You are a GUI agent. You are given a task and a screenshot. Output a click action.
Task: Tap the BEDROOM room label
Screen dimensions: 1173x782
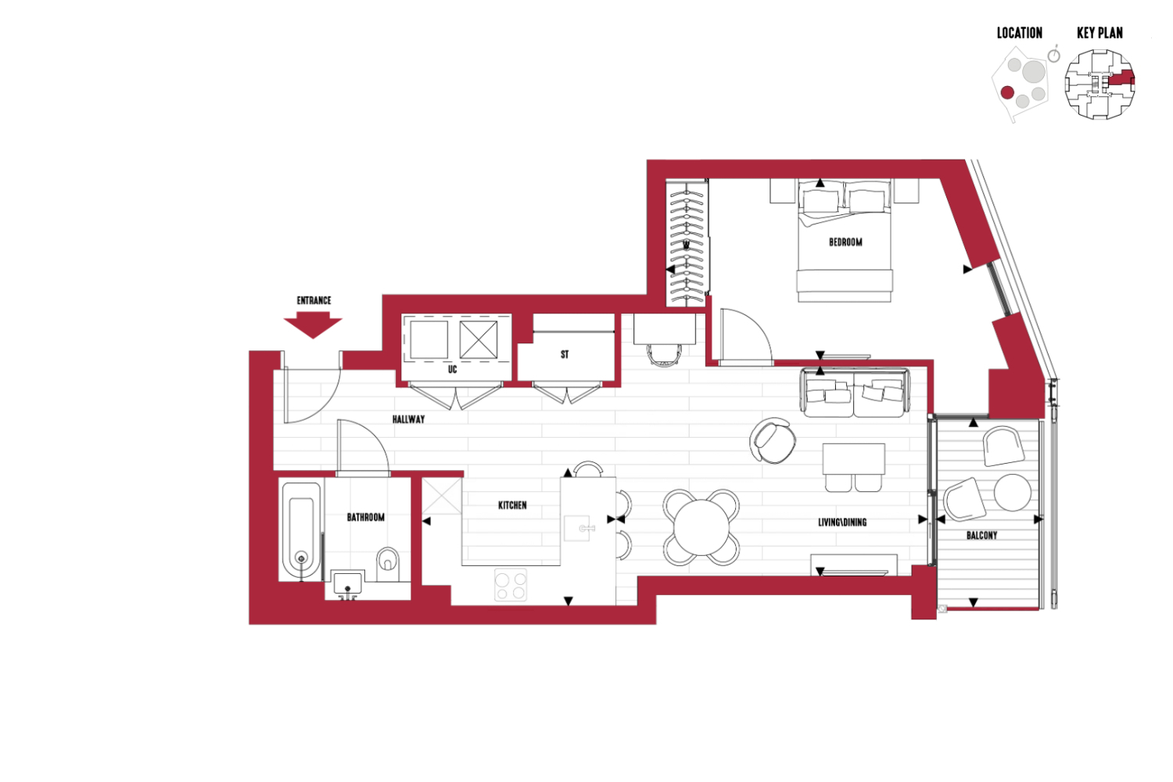click(x=845, y=242)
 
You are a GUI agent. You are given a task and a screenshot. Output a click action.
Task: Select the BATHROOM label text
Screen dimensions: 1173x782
click(x=365, y=518)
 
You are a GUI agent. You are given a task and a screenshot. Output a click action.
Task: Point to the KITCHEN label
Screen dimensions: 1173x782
click(x=512, y=505)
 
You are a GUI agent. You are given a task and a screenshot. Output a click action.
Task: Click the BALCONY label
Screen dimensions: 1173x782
click(x=981, y=536)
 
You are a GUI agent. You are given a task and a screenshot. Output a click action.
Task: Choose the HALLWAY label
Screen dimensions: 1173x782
click(x=408, y=419)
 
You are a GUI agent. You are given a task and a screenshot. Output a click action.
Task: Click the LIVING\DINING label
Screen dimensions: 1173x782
click(x=842, y=522)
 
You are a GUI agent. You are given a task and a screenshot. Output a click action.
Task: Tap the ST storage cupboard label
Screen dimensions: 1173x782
click(x=565, y=354)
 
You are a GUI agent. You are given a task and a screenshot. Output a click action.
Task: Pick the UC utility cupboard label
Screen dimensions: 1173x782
click(x=453, y=369)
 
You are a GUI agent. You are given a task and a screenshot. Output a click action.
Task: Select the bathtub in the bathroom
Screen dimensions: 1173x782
click(x=301, y=530)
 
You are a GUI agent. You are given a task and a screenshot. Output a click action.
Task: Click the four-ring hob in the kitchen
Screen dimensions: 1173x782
click(x=511, y=584)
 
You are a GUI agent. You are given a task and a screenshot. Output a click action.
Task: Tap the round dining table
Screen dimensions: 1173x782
click(x=701, y=527)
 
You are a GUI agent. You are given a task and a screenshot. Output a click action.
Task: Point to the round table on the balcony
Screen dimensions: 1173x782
click(x=1012, y=493)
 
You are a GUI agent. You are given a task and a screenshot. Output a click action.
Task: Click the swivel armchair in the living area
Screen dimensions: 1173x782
click(x=773, y=440)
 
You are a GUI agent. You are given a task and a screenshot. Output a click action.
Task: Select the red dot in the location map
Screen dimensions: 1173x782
click(x=1007, y=93)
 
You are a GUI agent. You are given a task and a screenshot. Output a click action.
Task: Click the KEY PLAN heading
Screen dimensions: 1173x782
click(x=1099, y=33)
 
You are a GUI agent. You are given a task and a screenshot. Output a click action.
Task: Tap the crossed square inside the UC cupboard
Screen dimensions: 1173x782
click(x=478, y=339)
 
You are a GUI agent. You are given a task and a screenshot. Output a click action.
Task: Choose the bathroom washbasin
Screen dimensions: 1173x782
click(x=347, y=584)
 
